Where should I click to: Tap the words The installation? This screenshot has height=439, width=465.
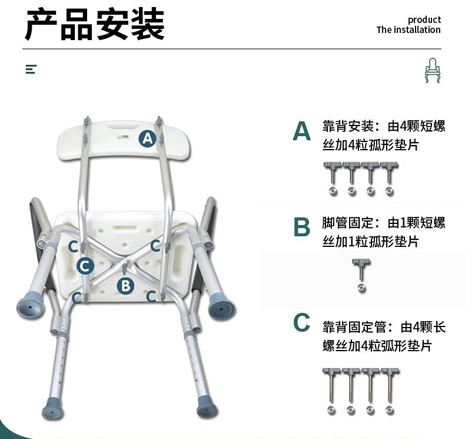[x=408, y=30]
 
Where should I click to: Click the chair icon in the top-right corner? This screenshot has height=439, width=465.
[x=432, y=70]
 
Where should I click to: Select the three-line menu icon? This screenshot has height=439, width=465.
[x=31, y=70]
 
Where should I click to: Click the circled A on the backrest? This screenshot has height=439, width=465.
[x=147, y=138]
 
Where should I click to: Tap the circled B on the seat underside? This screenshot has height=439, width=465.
[x=125, y=286]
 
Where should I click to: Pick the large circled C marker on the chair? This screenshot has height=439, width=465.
[x=85, y=266]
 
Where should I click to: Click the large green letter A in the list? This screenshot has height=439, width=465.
[x=301, y=131]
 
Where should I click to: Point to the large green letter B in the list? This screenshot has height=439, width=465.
[x=301, y=227]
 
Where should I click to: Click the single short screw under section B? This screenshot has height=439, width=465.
[x=359, y=270]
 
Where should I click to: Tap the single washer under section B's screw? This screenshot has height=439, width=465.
[x=361, y=288]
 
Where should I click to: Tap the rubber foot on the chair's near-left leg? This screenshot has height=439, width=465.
[x=53, y=408]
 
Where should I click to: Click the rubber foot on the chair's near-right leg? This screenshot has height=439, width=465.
[x=207, y=408]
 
